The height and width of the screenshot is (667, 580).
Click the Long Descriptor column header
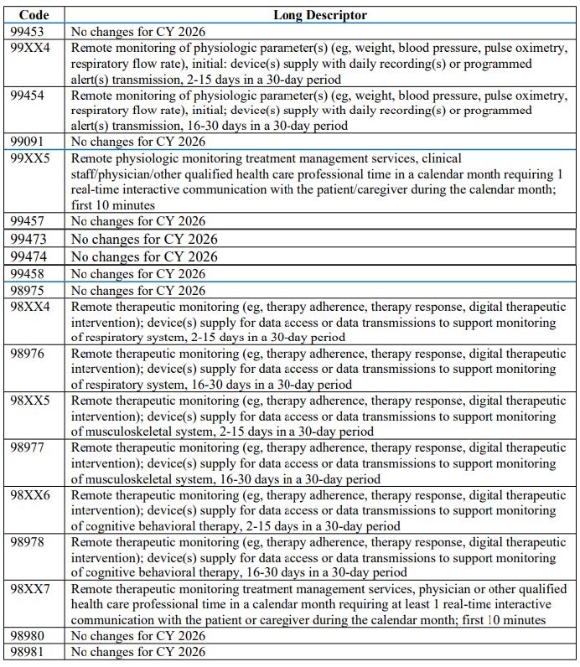coord(319,15)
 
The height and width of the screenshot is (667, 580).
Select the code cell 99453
coord(28,31)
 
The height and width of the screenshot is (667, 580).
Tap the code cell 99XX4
coord(30,47)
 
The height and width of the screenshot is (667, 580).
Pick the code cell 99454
coord(28,95)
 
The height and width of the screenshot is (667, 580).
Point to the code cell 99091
coord(28,142)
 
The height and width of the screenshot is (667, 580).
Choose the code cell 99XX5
coord(30,158)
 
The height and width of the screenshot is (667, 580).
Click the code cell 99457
coord(28,221)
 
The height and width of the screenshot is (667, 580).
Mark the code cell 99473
coord(29,239)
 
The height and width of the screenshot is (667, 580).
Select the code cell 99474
coord(29,256)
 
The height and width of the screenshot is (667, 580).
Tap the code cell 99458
coord(28,274)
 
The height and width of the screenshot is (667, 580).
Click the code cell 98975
coord(28,291)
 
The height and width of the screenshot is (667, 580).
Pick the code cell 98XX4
coord(30,307)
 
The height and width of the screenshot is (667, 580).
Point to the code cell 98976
coord(28,354)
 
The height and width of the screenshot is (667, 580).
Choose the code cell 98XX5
coord(30,401)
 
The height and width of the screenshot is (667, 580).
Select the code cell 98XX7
coord(30,589)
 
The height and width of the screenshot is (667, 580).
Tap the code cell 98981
coord(28,652)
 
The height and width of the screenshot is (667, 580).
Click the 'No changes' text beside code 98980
coord(138,636)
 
